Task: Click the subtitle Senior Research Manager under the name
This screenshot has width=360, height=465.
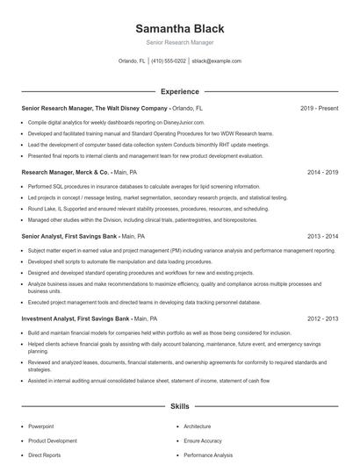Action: [179, 42]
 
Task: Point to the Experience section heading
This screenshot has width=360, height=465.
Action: [179, 91]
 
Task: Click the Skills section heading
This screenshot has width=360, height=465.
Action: [179, 407]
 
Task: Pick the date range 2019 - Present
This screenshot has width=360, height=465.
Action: [319, 109]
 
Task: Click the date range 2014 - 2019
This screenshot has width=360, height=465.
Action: [322, 173]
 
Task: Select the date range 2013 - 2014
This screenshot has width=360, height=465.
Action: [322, 236]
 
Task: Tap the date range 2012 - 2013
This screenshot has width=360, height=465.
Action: [322, 318]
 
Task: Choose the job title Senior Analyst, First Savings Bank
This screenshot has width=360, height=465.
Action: [68, 236]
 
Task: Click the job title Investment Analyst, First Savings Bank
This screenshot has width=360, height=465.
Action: [75, 318]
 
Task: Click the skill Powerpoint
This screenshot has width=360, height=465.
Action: [42, 426]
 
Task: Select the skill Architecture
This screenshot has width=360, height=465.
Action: [198, 426]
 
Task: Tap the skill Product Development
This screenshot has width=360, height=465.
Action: [53, 441]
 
